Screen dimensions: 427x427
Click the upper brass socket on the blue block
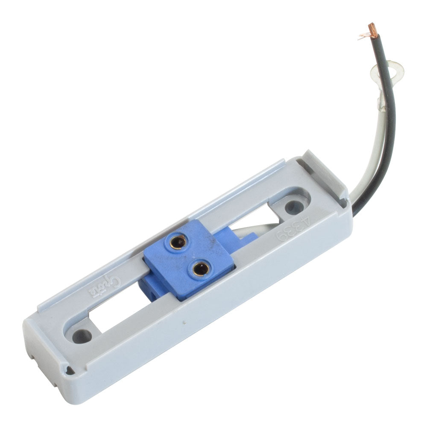coord(176,242)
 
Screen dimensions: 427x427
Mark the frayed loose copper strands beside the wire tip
coord(362,37)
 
